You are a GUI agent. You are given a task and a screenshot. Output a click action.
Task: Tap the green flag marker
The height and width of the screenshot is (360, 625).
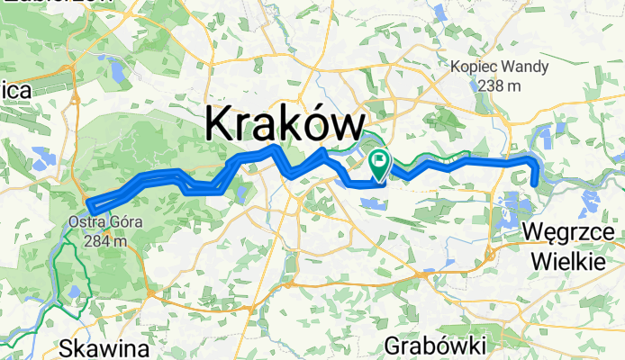click(x=379, y=164)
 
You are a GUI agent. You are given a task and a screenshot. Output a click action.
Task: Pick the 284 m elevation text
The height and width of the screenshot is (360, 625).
click(x=100, y=240)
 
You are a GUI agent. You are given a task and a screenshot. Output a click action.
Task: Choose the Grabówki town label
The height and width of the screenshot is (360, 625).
click(x=435, y=345)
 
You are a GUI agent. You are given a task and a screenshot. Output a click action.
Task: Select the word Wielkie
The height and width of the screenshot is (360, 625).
click(x=566, y=262)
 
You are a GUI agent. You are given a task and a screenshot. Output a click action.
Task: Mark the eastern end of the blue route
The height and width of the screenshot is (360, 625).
click(x=535, y=185)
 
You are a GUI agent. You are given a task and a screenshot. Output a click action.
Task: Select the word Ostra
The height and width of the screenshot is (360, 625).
click(x=85, y=223)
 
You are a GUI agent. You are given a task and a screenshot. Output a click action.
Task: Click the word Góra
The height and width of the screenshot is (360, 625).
click(x=122, y=223)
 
